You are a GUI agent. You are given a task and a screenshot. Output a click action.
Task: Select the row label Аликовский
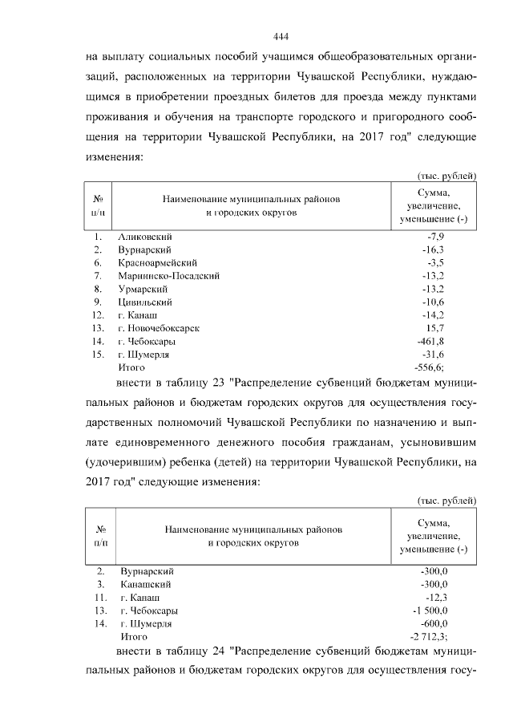click(145, 237)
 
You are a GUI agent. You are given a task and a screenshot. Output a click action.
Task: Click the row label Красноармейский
click(157, 262)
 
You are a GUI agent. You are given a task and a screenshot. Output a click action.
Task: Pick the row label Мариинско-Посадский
click(168, 275)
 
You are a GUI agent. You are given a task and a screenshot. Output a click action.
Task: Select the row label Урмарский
click(143, 288)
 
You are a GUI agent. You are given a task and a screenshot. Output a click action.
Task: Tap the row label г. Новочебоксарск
click(158, 327)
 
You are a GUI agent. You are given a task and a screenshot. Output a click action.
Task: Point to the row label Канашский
click(145, 585)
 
